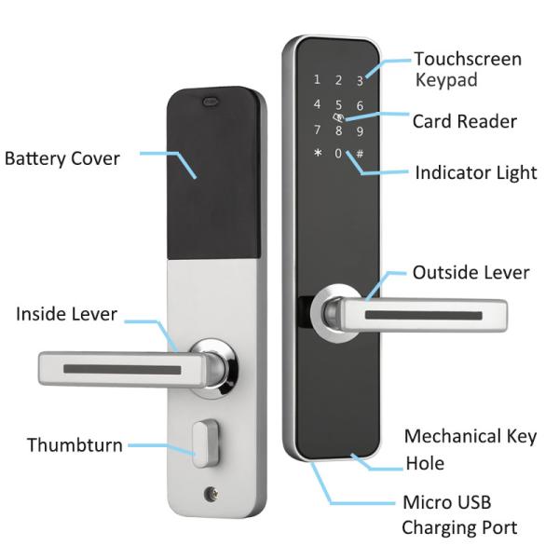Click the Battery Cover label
pyautogui.click(x=62, y=158)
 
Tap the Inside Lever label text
pyautogui.click(x=66, y=314)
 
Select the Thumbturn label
pyautogui.click(x=75, y=444)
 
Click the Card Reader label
pyautogui.click(x=464, y=121)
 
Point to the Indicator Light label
pyautogui.click(x=475, y=172)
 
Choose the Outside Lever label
pyautogui.click(x=470, y=273)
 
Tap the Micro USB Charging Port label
pyautogui.click(x=457, y=515)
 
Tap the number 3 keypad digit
pyautogui.click(x=360, y=81)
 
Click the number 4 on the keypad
pyautogui.click(x=318, y=104)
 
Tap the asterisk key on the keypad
pyautogui.click(x=318, y=154)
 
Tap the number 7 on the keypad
pyautogui.click(x=318, y=130)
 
